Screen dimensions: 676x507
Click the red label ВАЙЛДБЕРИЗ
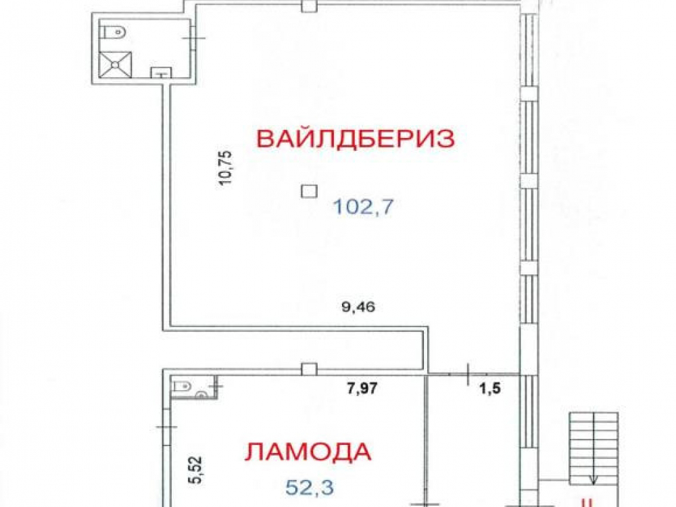pos(356,139)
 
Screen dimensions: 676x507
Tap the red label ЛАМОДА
pos(308,452)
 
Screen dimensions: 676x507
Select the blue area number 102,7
pos(364,208)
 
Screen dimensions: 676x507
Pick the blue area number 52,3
pos(310,488)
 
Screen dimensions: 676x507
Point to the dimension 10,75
pos(225,168)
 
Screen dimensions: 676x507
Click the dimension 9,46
pos(358,307)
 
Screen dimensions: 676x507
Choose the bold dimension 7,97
pos(362,388)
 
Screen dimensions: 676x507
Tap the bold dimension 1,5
pos(490,388)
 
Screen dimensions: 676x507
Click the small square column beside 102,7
pos(309,191)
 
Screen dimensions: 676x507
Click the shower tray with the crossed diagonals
pos(115,65)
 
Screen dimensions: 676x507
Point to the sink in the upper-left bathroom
pos(161,72)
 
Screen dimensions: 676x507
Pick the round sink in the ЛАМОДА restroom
pos(201,394)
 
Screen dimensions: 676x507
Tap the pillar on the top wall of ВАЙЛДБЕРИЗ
pos(309,6)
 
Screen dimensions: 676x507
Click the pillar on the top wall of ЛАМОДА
pos(309,370)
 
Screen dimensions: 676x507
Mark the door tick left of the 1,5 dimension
pos(468,374)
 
